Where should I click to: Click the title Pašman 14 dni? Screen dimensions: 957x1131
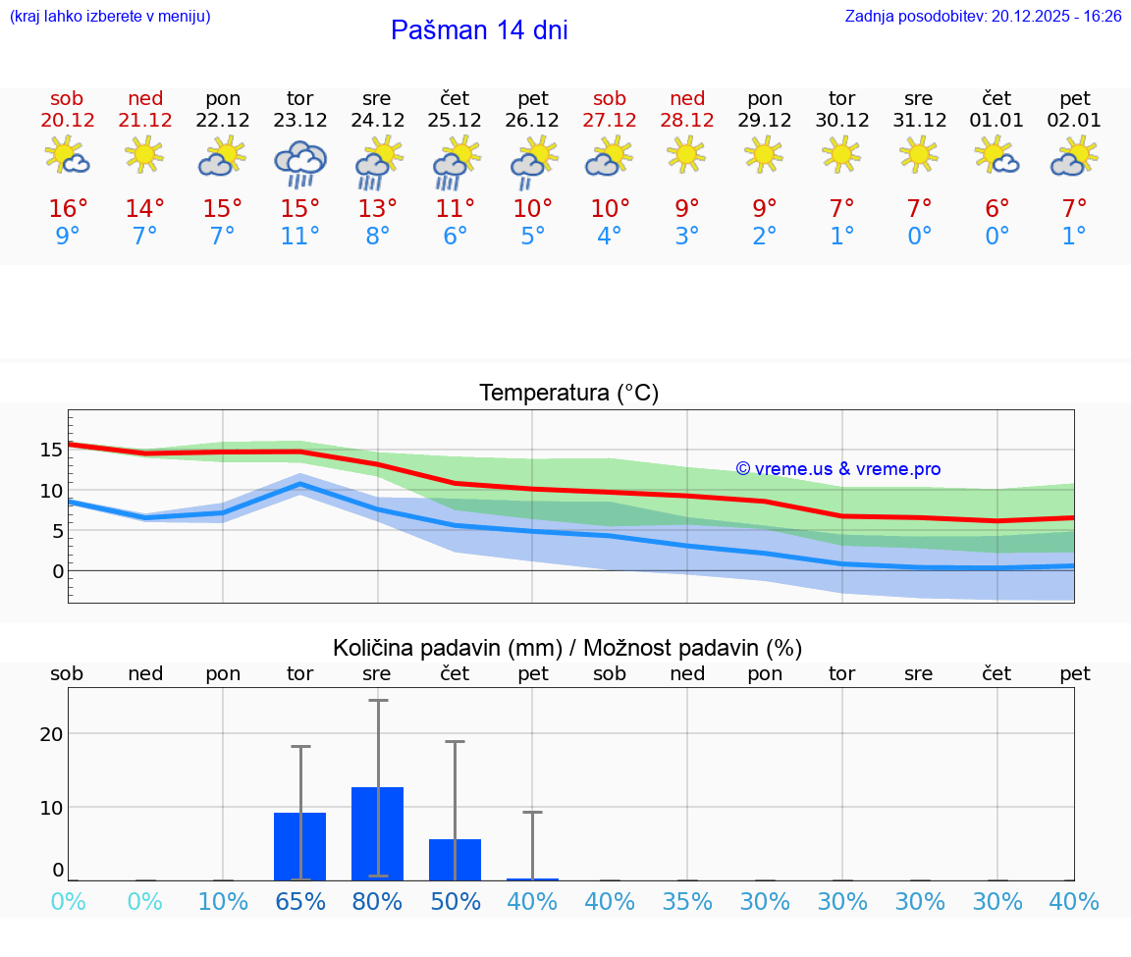click(479, 30)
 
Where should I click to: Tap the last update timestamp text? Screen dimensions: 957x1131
click(983, 17)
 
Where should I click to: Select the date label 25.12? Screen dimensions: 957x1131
click(455, 121)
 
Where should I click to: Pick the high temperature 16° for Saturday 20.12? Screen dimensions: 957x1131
click(68, 209)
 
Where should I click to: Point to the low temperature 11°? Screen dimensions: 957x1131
click(299, 237)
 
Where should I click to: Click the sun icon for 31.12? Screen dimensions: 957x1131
click(918, 154)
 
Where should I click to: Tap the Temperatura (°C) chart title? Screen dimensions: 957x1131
click(568, 394)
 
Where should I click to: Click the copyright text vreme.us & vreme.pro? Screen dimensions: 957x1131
click(837, 469)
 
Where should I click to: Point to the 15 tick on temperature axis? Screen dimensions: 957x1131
click(51, 450)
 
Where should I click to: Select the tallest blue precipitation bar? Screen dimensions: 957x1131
click(377, 832)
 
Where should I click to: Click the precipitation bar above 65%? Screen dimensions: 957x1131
click(299, 846)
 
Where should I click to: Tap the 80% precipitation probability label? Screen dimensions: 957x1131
click(377, 901)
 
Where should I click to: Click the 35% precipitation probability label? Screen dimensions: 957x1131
click(687, 901)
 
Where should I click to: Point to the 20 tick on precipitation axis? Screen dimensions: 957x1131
click(51, 733)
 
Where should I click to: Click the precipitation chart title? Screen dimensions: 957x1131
click(567, 648)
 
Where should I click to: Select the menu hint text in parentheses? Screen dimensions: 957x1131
click(110, 17)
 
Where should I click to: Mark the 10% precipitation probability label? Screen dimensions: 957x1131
click(223, 901)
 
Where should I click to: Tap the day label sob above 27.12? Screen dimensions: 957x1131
click(610, 99)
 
